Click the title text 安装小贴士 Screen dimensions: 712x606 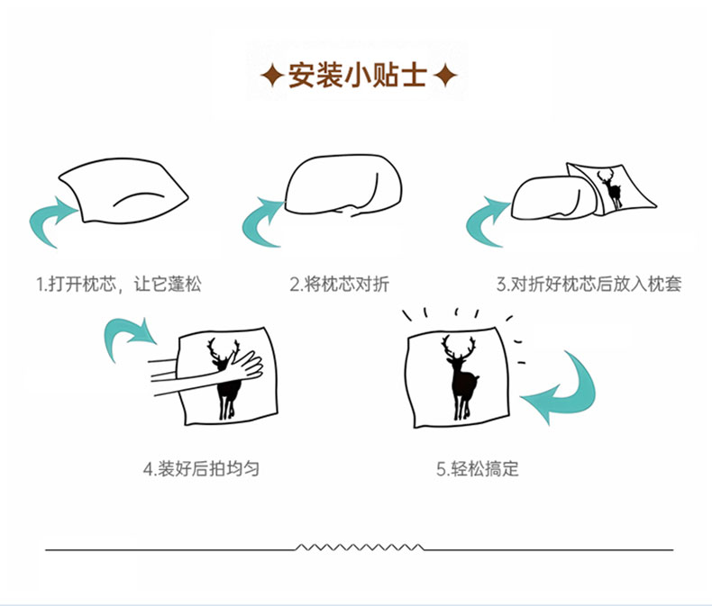(358, 76)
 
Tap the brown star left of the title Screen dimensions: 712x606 (272, 76)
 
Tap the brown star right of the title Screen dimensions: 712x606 (444, 76)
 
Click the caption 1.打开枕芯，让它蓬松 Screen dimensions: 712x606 (118, 285)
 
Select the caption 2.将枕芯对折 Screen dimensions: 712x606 (339, 285)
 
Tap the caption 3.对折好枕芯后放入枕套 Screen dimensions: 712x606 (589, 285)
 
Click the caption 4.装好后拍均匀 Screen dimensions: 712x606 (201, 468)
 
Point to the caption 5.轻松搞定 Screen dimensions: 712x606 (478, 468)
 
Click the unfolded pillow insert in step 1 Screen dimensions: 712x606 (123, 191)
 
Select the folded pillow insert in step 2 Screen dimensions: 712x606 (343, 185)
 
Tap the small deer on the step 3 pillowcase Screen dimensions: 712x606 (610, 189)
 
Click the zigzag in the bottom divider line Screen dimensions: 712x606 (360, 547)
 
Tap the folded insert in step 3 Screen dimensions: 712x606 (552, 198)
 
